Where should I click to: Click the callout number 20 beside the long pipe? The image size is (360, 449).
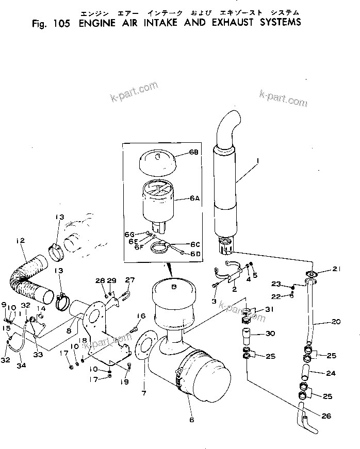pyautogui.click(x=336, y=322)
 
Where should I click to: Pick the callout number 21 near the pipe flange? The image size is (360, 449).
pyautogui.click(x=336, y=269)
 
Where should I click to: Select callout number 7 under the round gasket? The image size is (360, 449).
pyautogui.click(x=144, y=394)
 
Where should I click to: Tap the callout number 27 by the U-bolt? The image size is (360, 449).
pyautogui.click(x=129, y=280)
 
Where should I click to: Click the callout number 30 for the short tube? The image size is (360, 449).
pyautogui.click(x=271, y=334)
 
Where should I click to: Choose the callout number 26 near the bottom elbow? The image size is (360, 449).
pyautogui.click(x=326, y=416)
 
